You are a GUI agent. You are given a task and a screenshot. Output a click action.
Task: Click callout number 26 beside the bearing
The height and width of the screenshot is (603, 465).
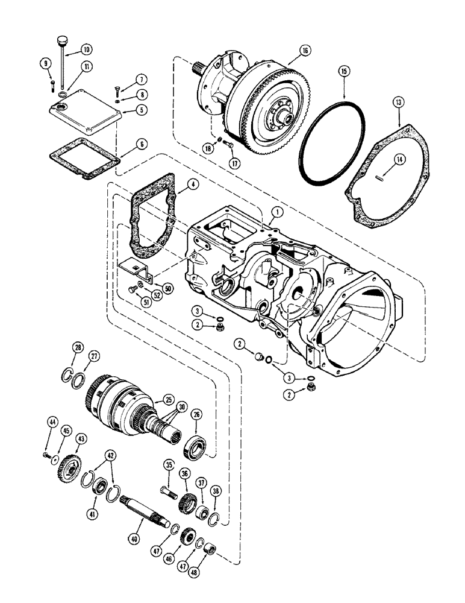196,415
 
